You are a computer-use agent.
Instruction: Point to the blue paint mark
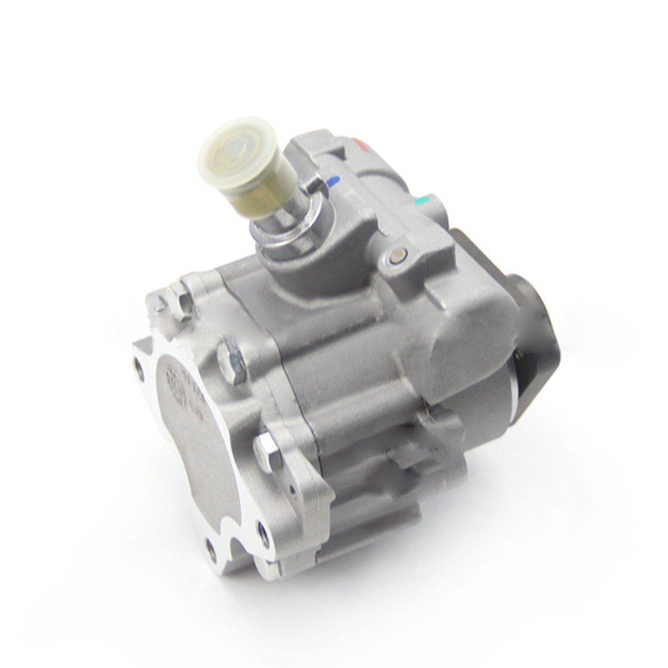[333, 180]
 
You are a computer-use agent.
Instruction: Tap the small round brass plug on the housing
[399, 254]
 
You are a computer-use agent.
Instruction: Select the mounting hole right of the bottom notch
[263, 534]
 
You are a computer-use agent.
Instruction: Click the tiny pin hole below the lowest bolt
[291, 490]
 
